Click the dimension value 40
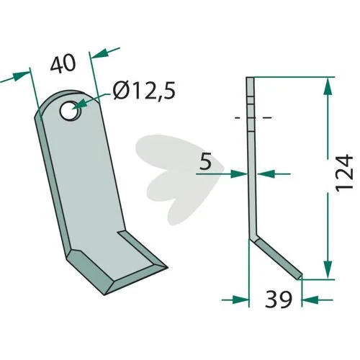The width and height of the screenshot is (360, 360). (x=63, y=63)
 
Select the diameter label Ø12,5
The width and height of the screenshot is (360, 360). (x=144, y=91)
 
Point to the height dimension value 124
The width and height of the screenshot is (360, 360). (x=344, y=174)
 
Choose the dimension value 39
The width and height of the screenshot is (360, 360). (x=279, y=300)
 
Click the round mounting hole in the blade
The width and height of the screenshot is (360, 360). (x=71, y=111)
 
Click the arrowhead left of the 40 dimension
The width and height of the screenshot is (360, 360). (x=20, y=76)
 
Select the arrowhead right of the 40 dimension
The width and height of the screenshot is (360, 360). (x=99, y=54)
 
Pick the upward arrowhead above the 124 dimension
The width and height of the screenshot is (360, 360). (x=328, y=87)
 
